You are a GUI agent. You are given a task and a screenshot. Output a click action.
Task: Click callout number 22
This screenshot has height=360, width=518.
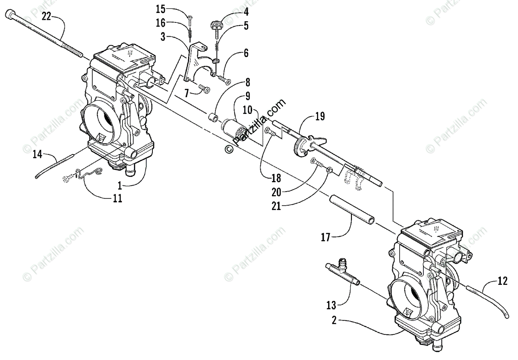(46, 17)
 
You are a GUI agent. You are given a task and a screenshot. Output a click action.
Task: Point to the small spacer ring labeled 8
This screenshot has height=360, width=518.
(213, 117)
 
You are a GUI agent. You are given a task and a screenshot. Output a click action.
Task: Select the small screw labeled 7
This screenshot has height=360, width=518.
(204, 89)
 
